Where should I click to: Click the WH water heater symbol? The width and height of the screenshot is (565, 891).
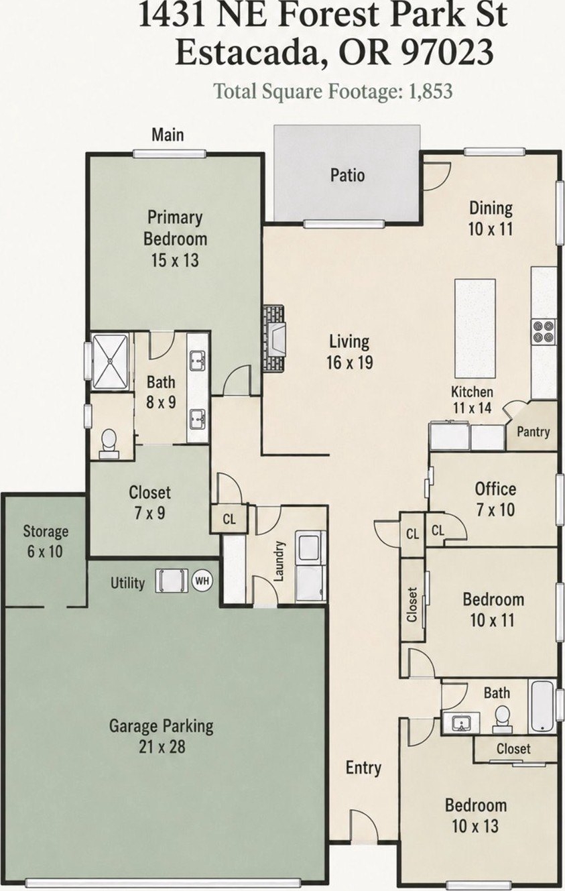[x=202, y=581]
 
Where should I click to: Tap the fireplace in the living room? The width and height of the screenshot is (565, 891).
[x=273, y=338]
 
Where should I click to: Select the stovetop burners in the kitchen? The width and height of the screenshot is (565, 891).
[x=544, y=331]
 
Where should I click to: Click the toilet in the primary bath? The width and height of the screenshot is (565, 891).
[x=109, y=444]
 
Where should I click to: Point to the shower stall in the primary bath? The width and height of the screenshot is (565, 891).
[x=110, y=362]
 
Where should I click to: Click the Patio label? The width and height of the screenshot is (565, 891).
[x=347, y=176]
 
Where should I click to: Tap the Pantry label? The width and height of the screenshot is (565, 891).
[x=533, y=432]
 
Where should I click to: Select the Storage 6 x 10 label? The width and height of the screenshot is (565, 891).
[x=46, y=541]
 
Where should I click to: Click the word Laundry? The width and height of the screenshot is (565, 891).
[x=279, y=561]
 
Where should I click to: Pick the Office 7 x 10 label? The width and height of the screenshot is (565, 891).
[x=495, y=499]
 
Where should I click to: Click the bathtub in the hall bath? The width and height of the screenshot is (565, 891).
[x=542, y=707]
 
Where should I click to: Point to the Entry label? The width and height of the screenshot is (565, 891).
[x=363, y=768]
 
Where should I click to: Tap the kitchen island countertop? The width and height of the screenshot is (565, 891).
[x=475, y=329]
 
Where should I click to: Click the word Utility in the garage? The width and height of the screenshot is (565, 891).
[x=127, y=583]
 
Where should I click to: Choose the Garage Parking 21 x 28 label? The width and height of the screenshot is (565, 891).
[x=162, y=736]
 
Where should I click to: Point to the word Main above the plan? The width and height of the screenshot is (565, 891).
[x=168, y=135]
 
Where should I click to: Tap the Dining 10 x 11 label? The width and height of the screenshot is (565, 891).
[x=491, y=219]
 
